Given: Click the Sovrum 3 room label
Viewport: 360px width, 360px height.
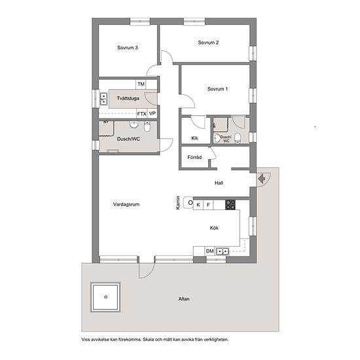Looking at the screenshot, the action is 128,48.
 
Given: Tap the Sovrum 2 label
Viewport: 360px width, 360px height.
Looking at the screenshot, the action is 208,43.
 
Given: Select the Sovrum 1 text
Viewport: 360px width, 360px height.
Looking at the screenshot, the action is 217,89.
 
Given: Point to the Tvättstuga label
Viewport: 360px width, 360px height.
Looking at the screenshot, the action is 128,98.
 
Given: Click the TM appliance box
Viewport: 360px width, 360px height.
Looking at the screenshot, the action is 141,84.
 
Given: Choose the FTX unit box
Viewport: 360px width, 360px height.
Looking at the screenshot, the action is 141,114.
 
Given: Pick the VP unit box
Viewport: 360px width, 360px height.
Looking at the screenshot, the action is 153,114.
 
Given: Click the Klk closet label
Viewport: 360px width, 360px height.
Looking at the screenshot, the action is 194,138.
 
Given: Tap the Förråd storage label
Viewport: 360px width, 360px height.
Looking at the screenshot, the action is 194,157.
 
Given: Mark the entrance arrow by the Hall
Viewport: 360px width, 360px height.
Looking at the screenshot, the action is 262,179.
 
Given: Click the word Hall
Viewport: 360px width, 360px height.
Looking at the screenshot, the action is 219,183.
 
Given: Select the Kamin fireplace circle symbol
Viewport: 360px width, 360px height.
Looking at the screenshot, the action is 190,203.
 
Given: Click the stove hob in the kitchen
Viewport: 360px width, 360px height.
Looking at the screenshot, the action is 230,205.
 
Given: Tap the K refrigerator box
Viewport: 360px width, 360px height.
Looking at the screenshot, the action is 198,205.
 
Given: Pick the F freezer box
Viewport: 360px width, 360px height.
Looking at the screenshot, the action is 208,205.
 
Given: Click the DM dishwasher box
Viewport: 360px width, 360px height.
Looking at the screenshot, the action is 210,251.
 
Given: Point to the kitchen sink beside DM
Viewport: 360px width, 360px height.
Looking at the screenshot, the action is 223,251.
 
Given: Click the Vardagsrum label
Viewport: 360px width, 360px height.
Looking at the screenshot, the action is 126,204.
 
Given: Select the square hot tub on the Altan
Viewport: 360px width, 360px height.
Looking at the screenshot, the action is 105,297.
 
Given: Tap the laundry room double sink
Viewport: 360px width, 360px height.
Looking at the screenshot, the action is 103,98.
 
